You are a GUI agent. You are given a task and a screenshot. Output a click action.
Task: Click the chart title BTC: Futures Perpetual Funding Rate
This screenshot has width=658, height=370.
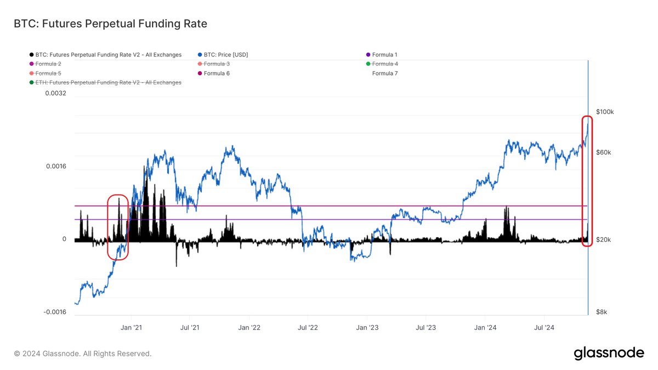[x=110, y=24]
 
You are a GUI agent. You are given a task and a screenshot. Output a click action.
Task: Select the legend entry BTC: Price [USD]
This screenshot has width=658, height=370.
[x=225, y=55]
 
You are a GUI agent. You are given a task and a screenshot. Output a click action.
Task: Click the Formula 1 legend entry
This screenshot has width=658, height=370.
[x=384, y=55]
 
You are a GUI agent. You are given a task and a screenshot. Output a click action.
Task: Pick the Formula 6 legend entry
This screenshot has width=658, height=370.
[x=217, y=73]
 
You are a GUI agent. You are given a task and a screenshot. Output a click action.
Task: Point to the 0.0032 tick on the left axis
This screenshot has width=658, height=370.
[x=56, y=93]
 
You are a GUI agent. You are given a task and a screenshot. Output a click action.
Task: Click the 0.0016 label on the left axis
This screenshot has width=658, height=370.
[x=56, y=167]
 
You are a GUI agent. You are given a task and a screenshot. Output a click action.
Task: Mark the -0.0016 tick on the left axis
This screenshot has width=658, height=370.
[x=55, y=312]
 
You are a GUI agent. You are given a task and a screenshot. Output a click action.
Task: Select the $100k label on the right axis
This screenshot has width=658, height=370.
[x=605, y=112]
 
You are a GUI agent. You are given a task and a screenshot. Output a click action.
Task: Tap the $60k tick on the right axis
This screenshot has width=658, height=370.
[x=603, y=152]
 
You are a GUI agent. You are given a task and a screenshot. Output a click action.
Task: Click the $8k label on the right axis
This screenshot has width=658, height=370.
[x=602, y=312]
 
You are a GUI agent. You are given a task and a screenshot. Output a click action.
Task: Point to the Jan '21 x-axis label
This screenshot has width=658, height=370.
[x=131, y=328]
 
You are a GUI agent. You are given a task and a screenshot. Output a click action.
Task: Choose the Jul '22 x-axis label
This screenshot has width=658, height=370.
[x=308, y=328]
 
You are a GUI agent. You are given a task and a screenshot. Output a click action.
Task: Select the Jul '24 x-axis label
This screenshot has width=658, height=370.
[x=544, y=328]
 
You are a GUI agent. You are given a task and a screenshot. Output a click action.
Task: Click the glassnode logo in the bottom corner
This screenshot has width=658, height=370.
[x=609, y=354]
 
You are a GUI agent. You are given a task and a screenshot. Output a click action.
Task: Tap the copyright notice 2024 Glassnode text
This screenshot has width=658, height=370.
[x=83, y=354]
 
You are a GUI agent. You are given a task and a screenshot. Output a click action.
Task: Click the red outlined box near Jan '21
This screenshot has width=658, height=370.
[x=118, y=227]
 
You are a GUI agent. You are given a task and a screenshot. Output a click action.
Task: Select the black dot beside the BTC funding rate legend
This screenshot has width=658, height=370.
[x=31, y=55]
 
